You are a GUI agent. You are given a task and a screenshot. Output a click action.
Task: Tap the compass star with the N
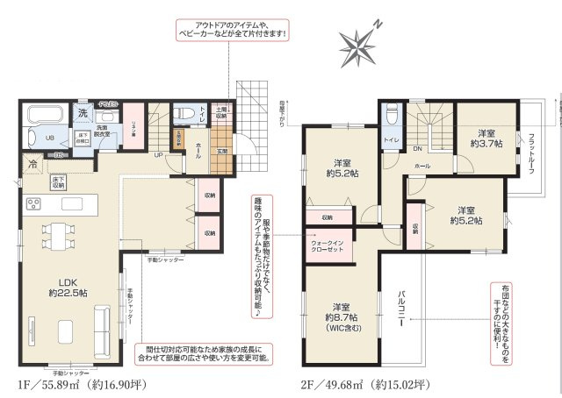(358, 44)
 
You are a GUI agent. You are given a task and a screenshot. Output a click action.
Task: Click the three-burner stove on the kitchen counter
(33, 205)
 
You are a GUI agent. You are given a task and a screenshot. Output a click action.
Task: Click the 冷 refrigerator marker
(32, 165)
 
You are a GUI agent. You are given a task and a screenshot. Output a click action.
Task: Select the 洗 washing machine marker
(82, 112)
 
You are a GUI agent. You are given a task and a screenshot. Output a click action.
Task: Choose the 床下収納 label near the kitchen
(57, 183)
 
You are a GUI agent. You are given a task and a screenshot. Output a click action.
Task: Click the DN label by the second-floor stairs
(417, 149)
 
